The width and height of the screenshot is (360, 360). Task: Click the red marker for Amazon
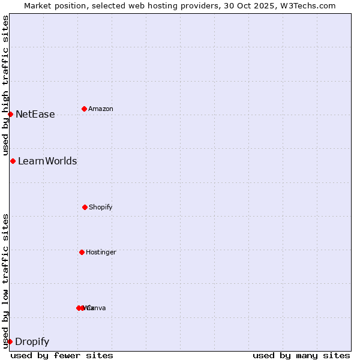84,109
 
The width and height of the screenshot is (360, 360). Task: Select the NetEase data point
10,114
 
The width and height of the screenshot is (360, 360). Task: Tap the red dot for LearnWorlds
13,161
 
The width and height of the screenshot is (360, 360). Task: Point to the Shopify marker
85,207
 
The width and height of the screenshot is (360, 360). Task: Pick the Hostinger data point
82,252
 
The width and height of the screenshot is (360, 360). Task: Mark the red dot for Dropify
10,341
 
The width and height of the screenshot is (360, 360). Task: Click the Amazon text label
100,109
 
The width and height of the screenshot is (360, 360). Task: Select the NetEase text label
35,115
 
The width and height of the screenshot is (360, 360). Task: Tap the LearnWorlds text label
47,161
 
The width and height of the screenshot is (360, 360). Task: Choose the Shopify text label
100,208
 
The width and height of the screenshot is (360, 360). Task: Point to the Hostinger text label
101,253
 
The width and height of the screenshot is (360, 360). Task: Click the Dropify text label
32,342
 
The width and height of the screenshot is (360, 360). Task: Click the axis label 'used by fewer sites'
62,355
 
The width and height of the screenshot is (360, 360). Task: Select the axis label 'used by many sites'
301,355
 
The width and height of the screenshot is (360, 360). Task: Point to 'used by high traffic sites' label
5,85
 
